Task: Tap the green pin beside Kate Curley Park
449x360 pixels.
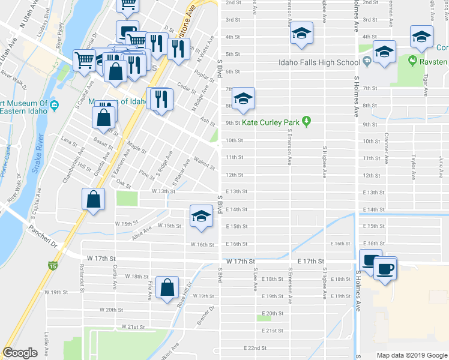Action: tap(306, 122)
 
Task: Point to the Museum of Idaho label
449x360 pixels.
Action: tap(118, 102)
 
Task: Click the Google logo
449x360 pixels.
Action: tap(20, 353)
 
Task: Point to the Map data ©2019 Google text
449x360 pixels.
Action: tap(412, 355)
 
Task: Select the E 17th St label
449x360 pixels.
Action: tap(310, 262)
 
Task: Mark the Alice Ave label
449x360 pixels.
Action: tap(142, 231)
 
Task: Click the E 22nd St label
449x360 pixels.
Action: tap(255, 348)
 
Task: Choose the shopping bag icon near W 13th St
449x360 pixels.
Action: tap(94, 200)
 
